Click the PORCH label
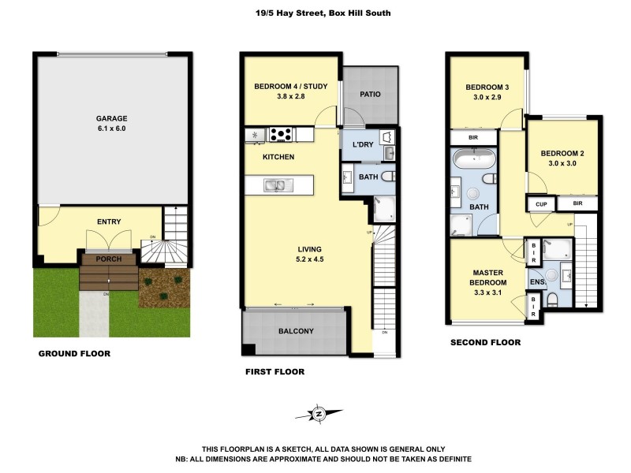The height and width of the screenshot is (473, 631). coord(108,258)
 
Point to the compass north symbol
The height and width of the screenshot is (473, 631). coord(319,414)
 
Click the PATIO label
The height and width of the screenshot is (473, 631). coord(370,94)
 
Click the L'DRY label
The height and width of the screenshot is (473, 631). coord(362,144)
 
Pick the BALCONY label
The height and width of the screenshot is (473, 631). coord(296,331)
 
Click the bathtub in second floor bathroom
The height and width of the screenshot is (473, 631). coord(474,161)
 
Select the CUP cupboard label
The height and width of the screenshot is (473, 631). coord(540,204)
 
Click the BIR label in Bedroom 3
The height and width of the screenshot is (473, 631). coord(473,137)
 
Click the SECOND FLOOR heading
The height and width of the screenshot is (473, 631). coord(485,343)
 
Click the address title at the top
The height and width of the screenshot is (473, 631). coord(315,13)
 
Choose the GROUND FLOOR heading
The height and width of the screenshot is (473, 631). coord(74,354)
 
